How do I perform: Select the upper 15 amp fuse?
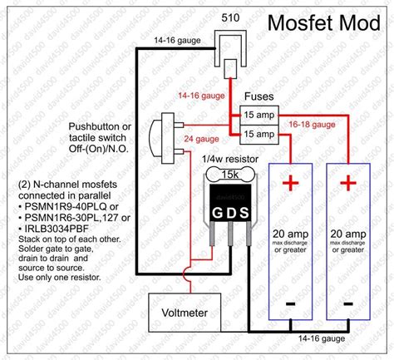pyautogui.click(x=259, y=115)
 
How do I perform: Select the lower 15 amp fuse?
pyautogui.click(x=259, y=133)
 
